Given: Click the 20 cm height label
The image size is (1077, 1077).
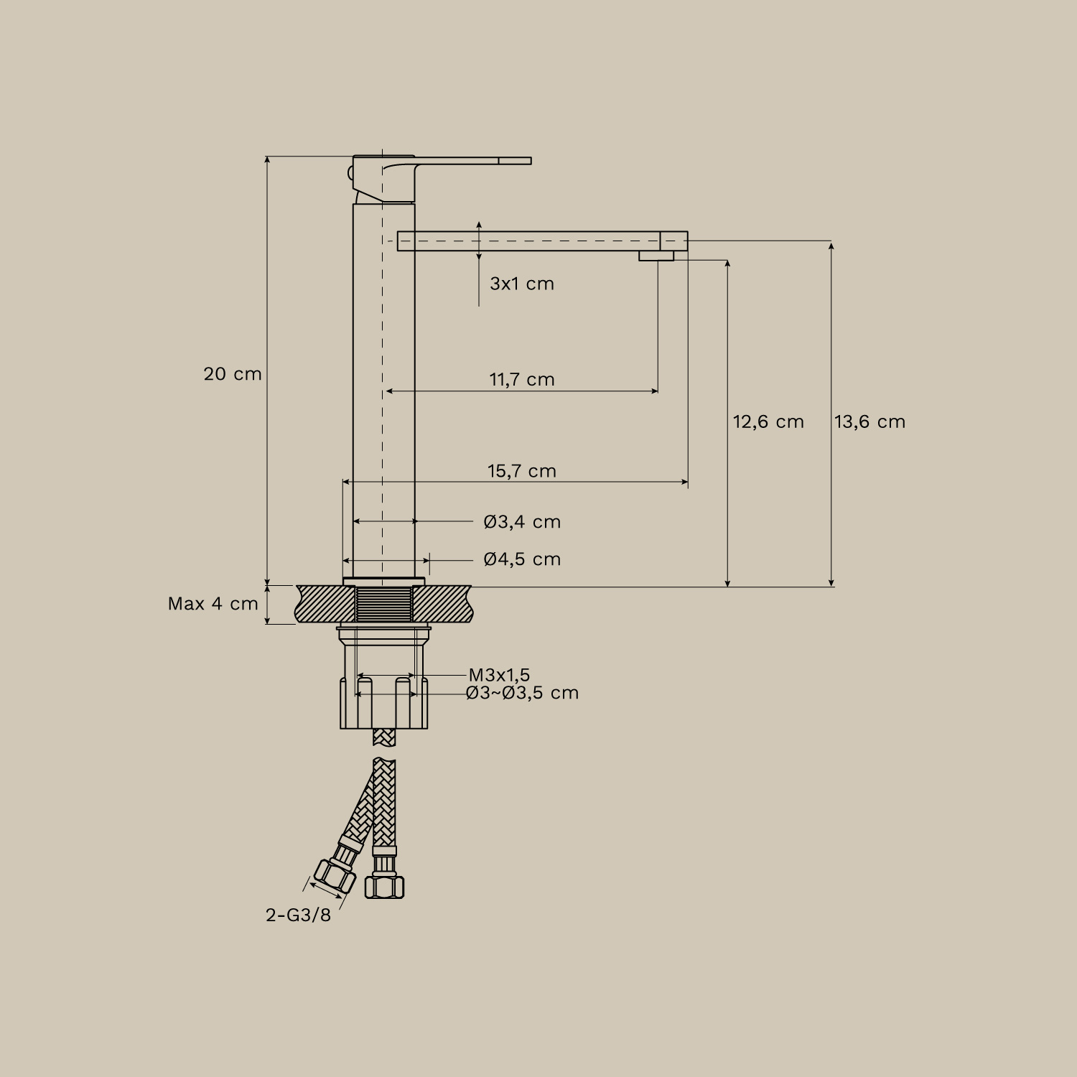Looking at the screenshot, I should (x=233, y=374).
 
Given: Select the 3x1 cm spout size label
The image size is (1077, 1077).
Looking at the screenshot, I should (x=522, y=284).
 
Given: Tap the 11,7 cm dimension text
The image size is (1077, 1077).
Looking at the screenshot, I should (x=522, y=379).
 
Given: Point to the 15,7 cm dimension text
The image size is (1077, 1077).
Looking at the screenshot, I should (x=522, y=471).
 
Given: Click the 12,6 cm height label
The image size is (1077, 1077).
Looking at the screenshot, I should (x=768, y=421).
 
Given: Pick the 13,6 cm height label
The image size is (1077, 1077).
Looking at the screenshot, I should (x=869, y=421).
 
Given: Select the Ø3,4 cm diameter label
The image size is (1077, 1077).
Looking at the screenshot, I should (x=522, y=522).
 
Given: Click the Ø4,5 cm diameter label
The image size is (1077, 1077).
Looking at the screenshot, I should (x=522, y=559).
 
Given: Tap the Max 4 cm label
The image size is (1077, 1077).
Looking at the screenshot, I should (x=213, y=604).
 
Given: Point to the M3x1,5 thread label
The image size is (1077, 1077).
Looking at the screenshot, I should (x=499, y=675).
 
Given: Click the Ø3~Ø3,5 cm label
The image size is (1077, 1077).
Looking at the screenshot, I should (x=522, y=693).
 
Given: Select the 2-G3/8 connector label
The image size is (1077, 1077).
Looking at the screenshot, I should (x=298, y=915).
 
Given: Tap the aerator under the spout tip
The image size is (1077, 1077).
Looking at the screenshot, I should (x=656, y=256).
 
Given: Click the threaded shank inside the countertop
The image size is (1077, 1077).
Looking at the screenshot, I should (x=384, y=603).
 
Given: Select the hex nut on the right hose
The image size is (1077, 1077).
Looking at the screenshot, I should (x=385, y=886).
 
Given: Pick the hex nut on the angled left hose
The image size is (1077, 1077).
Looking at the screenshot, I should (x=335, y=876).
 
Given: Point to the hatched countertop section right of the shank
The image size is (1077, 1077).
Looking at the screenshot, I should (x=442, y=603).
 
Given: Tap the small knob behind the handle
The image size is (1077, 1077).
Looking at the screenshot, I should (x=350, y=173).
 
